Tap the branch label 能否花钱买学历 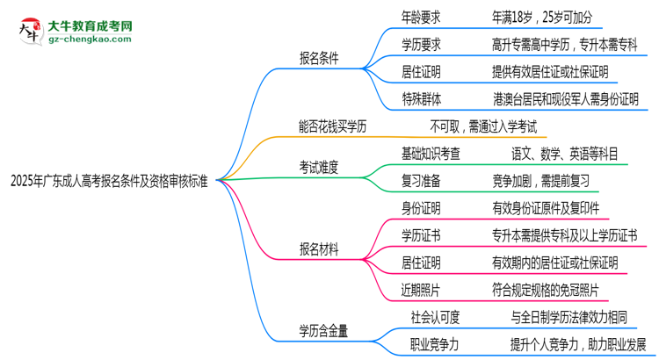coord(333,126)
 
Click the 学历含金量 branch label coord(324,331)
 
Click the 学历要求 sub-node coord(421,42)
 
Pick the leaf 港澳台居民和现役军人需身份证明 coord(566,99)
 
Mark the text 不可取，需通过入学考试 coord(483,126)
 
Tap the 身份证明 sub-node coord(421,208)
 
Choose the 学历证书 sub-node coord(421,235)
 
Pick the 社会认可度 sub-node coord(435,316)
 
